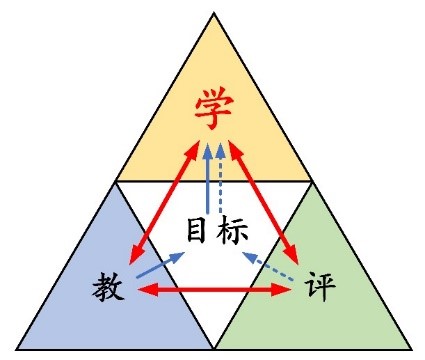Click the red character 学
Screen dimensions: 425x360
coord(214,107)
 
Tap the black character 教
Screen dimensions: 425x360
coord(108,286)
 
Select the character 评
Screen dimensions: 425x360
coord(320,286)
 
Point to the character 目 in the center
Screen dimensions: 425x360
coord(196,230)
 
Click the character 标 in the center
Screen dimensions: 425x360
coord(232,231)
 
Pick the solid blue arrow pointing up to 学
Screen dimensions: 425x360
coord(208,178)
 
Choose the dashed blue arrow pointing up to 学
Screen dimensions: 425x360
coord(220,178)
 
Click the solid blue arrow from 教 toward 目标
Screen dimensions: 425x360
coord(161,265)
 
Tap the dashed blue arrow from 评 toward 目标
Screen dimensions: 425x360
coord(268,266)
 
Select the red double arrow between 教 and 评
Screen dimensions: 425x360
coord(214,290)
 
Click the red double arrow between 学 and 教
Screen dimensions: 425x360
coord(164,203)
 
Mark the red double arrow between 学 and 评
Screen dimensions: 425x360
coord(263,203)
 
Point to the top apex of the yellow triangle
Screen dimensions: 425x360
coord(214,13)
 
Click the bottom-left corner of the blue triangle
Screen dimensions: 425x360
coord(17,349)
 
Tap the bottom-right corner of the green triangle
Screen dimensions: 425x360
coord(411,349)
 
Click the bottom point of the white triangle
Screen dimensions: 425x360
coord(214,349)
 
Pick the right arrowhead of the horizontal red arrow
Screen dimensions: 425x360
coord(282,290)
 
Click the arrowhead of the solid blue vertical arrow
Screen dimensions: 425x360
coord(208,151)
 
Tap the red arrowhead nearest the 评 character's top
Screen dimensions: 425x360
coord(292,256)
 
